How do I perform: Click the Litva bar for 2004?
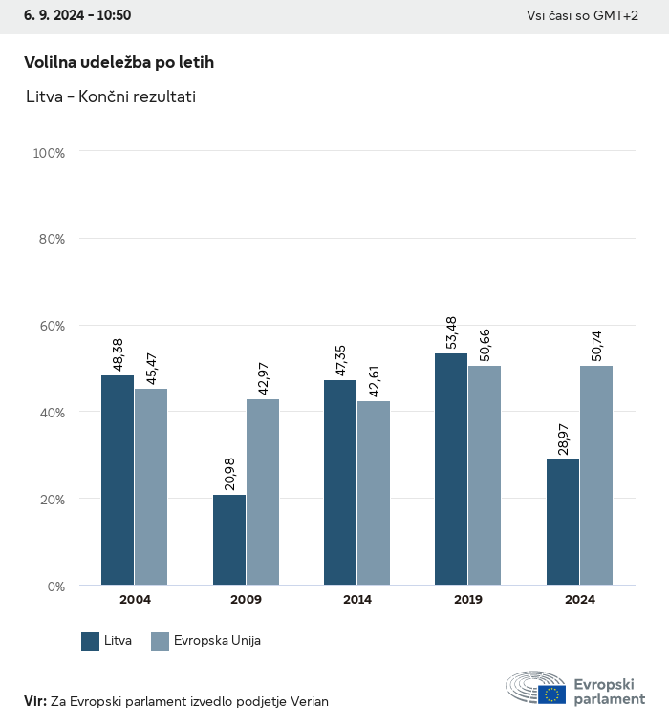[118, 480]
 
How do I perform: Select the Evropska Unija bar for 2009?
[263, 492]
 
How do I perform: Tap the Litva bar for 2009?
[229, 540]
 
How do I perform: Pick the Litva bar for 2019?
[451, 469]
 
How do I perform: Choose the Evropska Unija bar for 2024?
[596, 475]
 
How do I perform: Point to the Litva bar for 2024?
[563, 523]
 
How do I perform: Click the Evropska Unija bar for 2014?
[374, 493]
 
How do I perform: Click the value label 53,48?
[452, 329]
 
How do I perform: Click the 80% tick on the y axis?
[51, 239]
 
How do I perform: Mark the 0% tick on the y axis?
[55, 586]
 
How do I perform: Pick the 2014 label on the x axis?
[357, 600]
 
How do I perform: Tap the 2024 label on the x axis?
[580, 600]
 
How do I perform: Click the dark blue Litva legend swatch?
[91, 641]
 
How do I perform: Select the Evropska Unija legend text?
[217, 641]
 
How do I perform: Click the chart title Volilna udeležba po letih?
[119, 62]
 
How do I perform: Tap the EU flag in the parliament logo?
[551, 694]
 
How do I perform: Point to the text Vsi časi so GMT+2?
[582, 16]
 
